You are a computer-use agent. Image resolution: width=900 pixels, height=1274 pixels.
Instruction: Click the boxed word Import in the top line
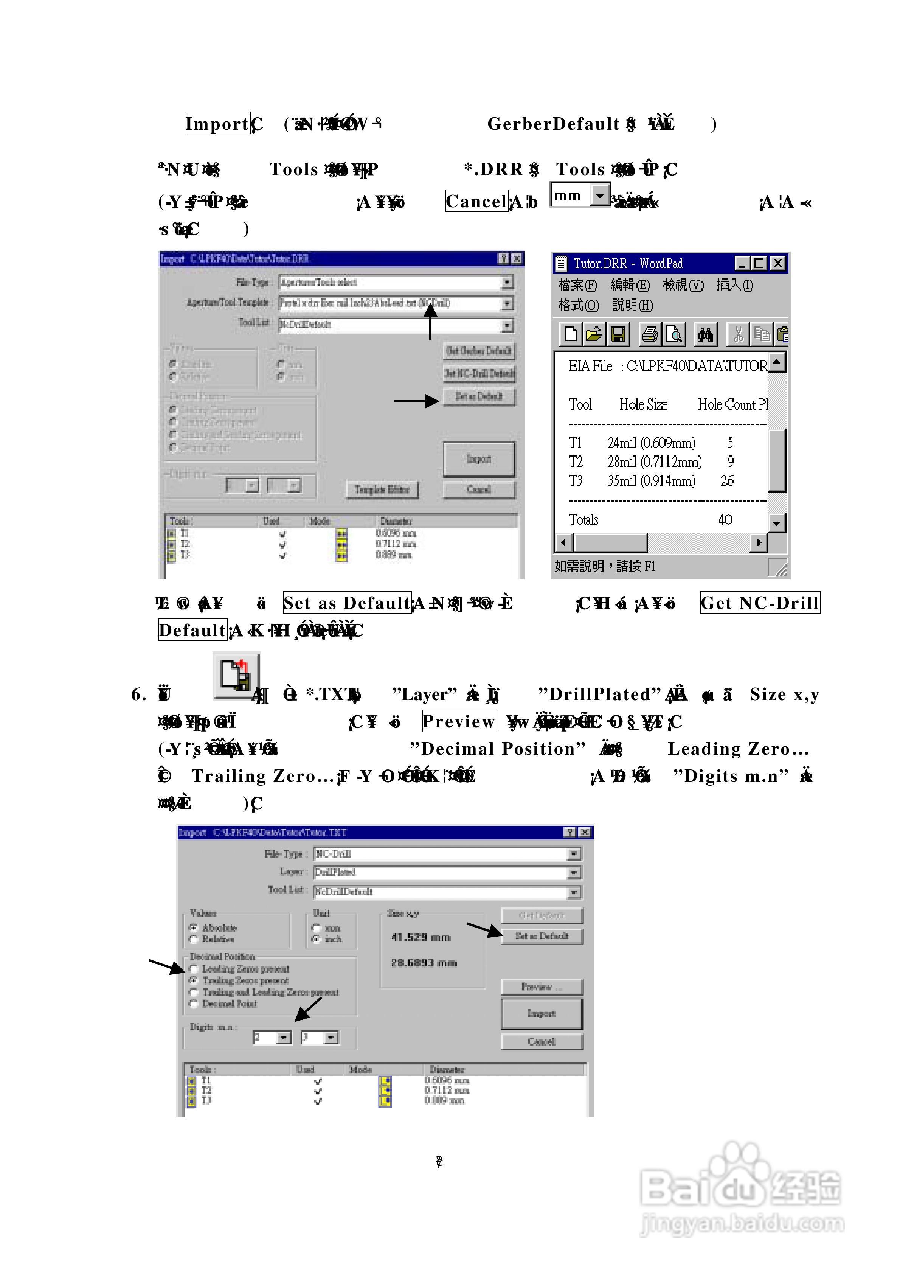pos(217,123)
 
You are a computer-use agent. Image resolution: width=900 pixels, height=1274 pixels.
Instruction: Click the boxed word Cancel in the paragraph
pos(476,201)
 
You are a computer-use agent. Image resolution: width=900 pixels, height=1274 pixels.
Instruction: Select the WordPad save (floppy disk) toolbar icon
pos(618,334)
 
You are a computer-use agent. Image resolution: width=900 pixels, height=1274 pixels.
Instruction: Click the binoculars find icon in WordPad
pos(705,334)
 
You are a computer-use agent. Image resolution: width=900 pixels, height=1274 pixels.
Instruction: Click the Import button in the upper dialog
pos(478,459)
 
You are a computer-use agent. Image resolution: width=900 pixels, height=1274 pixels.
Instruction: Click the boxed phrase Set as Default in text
pos(347,603)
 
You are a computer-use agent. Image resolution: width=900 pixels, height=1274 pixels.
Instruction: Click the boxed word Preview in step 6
pos(459,721)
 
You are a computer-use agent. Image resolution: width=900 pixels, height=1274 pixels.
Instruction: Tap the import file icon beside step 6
pos(236,676)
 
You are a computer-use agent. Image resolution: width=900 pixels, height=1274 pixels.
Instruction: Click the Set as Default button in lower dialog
pos(542,936)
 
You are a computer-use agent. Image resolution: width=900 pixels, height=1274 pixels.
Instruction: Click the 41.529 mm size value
pos(421,937)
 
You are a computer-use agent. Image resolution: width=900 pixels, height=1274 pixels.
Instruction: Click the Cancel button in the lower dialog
pos(542,1041)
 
